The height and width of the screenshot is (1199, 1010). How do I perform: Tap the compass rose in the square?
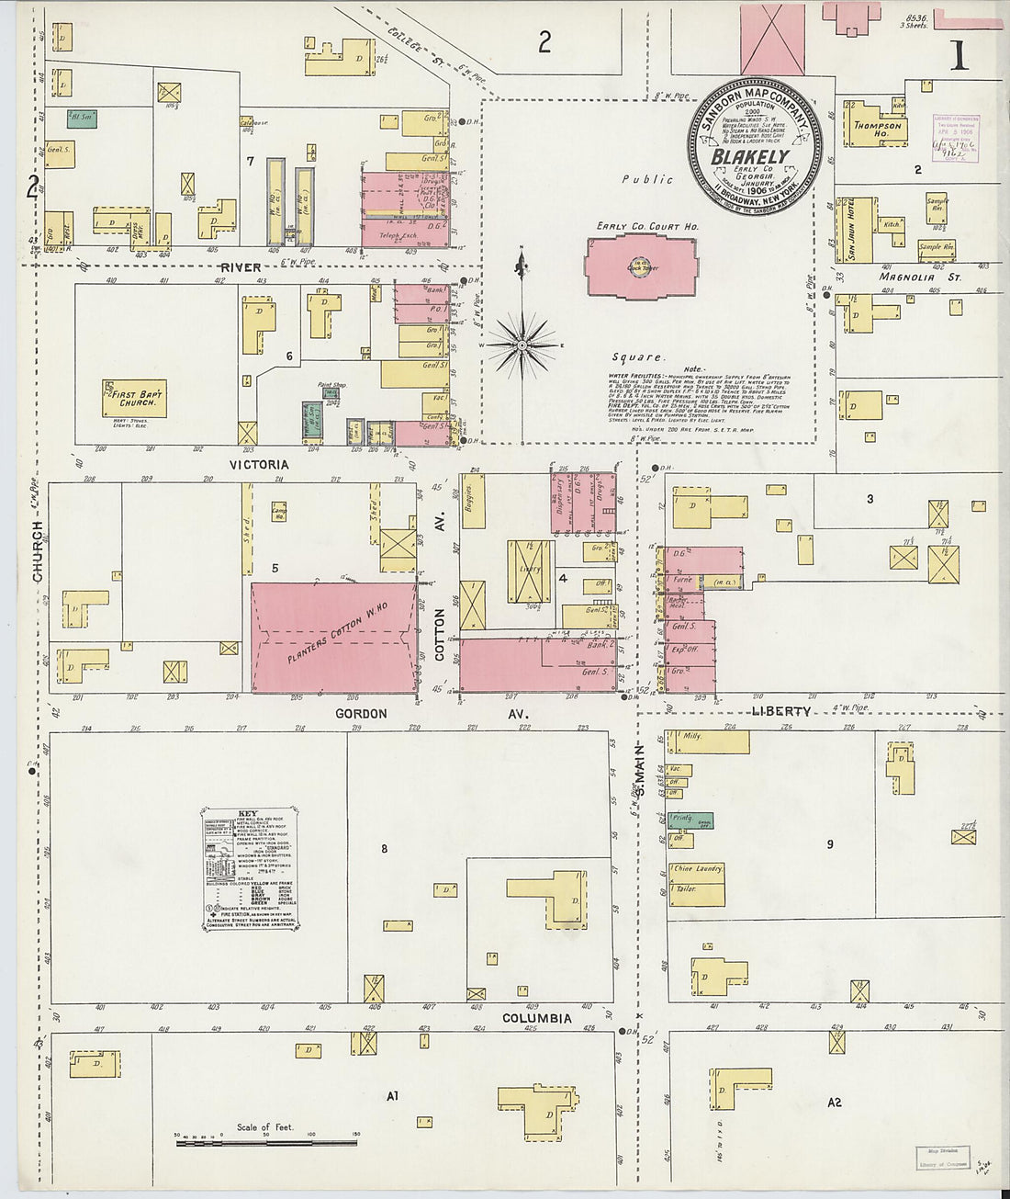(521, 345)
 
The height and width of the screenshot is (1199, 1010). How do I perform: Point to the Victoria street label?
(260, 465)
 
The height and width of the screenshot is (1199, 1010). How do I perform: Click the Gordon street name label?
(361, 713)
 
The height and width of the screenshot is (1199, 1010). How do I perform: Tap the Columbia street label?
(536, 1018)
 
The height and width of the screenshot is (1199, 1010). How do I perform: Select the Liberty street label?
(780, 711)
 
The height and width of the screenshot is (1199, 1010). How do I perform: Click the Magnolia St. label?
(906, 277)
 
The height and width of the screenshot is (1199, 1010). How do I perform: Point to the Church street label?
(38, 551)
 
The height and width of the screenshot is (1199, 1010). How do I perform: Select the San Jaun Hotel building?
(851, 230)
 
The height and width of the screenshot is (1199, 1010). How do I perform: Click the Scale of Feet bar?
(266, 1142)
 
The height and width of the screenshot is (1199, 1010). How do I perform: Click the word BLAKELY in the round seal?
(750, 157)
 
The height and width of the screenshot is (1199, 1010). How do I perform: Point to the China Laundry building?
(697, 867)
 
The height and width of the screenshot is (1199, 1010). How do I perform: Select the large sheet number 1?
(959, 57)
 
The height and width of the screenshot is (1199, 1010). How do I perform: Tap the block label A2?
(834, 1102)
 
